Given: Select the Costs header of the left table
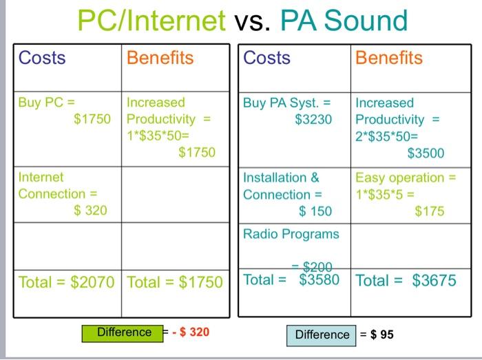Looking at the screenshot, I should [x=42, y=58].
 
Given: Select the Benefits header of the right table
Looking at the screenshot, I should [x=389, y=58].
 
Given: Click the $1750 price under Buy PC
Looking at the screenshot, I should [x=92, y=119].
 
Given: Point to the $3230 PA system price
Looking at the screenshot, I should [x=313, y=119].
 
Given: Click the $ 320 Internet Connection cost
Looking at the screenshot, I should [x=90, y=210].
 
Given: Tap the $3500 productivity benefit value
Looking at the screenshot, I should [x=426, y=153].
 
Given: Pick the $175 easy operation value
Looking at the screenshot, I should [x=429, y=211].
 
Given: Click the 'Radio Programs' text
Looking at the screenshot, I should [x=291, y=234].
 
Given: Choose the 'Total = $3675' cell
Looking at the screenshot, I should [x=406, y=281].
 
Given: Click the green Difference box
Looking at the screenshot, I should [x=124, y=332].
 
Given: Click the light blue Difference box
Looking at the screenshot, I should [x=322, y=335].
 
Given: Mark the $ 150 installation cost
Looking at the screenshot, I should [x=315, y=211].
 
